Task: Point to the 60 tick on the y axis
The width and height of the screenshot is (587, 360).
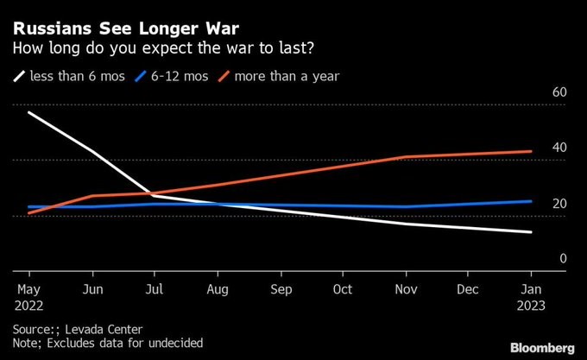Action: point(559,92)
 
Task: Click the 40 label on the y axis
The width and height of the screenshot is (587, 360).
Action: point(559,148)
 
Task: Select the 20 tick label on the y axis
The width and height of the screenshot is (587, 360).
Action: point(559,204)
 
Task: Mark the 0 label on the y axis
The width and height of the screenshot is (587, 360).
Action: point(562,258)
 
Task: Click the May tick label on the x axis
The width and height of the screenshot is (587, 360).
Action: point(28,289)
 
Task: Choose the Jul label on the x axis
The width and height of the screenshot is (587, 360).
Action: point(154,289)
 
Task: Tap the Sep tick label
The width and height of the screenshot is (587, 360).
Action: point(280,289)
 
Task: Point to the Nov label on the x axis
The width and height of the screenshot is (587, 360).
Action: point(406,289)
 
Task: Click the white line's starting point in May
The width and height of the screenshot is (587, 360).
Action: point(28,112)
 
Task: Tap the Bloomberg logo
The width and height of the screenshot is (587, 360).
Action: point(542,348)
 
